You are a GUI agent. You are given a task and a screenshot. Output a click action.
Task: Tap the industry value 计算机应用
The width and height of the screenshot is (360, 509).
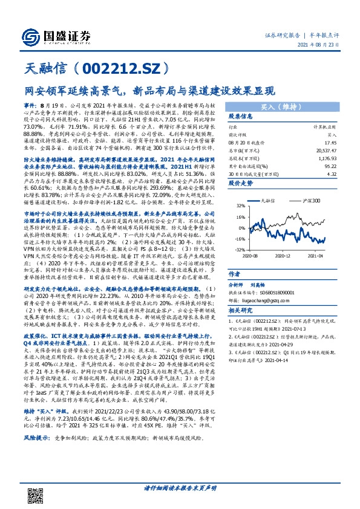325,128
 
